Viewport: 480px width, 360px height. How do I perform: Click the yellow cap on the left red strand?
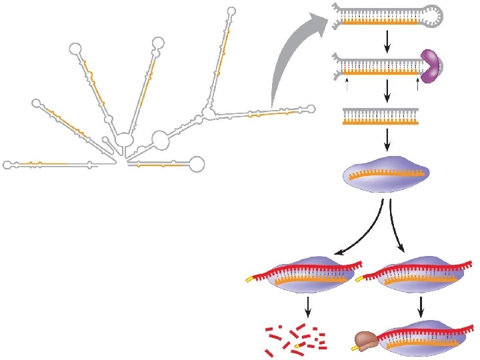click(249, 279)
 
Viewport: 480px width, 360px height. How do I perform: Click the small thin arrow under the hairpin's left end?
click(347, 85)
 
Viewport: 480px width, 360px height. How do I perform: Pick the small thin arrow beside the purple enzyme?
click(417, 85)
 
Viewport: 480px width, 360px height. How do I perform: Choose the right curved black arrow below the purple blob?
click(397, 230)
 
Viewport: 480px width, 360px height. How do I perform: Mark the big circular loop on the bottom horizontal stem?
click(197, 163)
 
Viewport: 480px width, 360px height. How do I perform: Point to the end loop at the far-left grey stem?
click(7, 164)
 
